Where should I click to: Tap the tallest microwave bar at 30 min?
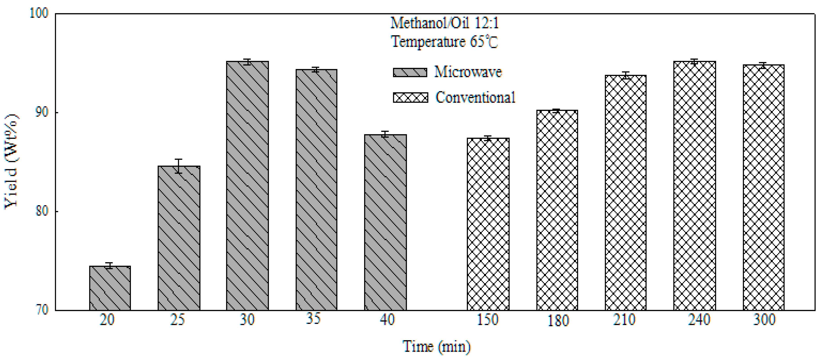(x=247, y=185)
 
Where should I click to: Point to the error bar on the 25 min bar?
(x=179, y=166)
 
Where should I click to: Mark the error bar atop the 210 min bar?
(x=625, y=75)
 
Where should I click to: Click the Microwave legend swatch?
(x=410, y=72)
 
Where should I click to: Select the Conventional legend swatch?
(x=410, y=97)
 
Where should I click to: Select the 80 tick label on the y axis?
(x=41, y=211)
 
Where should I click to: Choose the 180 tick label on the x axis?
(x=558, y=320)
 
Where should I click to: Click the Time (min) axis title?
(x=437, y=346)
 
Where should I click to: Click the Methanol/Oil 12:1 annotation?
(x=444, y=23)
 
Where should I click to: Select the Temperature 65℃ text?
(x=444, y=42)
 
